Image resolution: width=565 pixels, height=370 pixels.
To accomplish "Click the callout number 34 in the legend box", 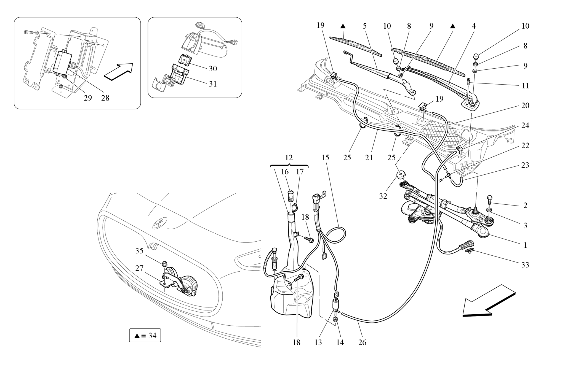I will click(x=152, y=336).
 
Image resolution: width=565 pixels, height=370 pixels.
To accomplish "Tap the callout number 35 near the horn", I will click(x=139, y=251).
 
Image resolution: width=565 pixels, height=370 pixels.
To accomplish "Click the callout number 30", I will click(x=213, y=69).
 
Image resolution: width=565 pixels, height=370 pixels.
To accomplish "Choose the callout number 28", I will click(x=105, y=98).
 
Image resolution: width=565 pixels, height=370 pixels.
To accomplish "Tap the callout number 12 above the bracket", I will click(x=289, y=158).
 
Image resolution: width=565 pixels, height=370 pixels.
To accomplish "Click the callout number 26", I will click(x=362, y=342).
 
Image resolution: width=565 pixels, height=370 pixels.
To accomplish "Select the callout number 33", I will click(x=525, y=265).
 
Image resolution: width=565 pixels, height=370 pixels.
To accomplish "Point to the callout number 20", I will click(x=525, y=106).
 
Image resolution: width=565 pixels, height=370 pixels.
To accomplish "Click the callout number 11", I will click(x=525, y=86).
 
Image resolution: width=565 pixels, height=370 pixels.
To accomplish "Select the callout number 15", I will click(x=325, y=158).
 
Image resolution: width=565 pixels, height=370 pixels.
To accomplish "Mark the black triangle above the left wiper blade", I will click(x=343, y=26).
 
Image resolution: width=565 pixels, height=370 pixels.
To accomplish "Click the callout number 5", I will click(x=364, y=26).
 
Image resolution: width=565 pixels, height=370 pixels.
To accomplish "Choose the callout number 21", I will click(x=369, y=158).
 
